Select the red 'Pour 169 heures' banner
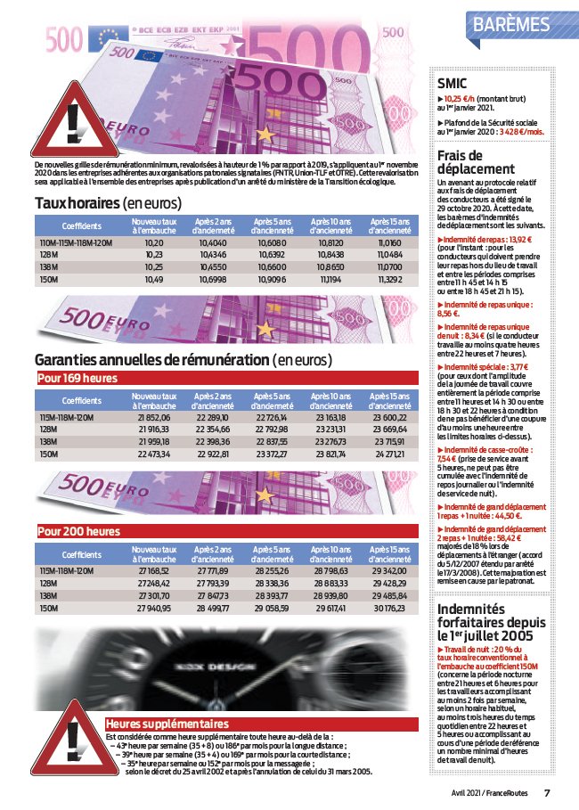click(77, 378)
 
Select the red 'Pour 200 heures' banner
click(77, 532)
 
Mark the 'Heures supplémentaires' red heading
click(167, 724)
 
